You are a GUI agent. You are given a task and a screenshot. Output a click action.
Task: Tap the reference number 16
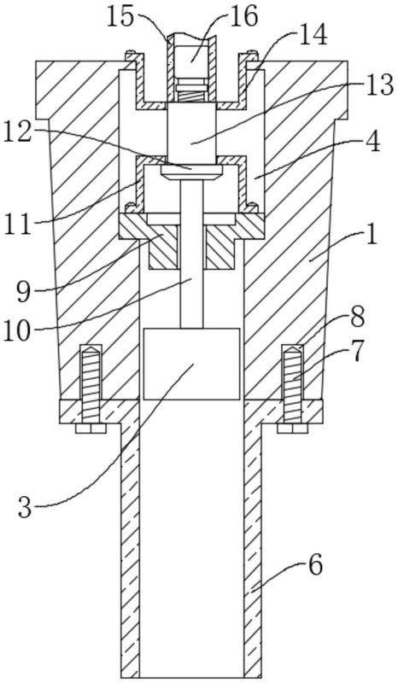[x=244, y=17]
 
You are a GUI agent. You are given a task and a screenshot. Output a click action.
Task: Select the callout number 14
[x=313, y=37]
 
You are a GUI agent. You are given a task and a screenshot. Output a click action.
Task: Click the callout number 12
[x=17, y=131]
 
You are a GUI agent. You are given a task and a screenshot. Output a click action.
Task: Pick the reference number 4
[x=372, y=143]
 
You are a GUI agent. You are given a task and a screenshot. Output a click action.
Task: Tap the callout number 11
[x=17, y=225]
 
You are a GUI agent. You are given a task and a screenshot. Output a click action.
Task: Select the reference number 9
[x=24, y=292]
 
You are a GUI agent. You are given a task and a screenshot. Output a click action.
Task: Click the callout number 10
[x=16, y=331]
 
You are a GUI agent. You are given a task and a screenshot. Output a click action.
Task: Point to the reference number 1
[x=372, y=237]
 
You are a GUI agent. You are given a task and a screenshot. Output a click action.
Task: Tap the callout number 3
[x=25, y=507]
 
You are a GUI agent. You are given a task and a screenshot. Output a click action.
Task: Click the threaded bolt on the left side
[x=91, y=382]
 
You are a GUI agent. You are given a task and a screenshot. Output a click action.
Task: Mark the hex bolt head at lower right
[x=292, y=429]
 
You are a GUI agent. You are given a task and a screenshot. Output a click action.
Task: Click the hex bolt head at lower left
[x=91, y=429]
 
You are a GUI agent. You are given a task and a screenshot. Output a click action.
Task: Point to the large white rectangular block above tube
[x=191, y=364]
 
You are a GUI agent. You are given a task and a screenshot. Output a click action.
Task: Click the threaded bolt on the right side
[x=292, y=382]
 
